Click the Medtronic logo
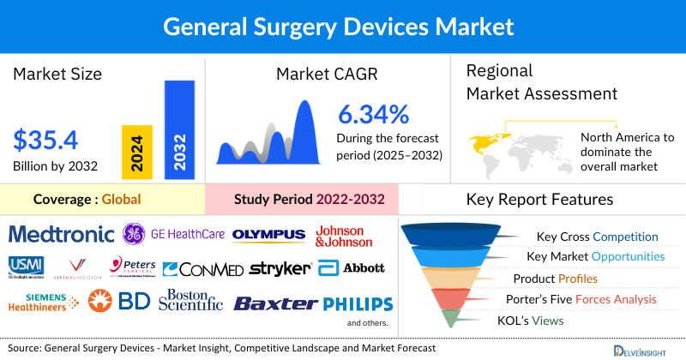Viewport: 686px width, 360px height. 61,234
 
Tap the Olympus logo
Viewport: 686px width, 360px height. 268,234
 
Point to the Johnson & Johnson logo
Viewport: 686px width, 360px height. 352,236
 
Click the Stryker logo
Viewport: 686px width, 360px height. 280,269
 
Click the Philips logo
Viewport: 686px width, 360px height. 358,303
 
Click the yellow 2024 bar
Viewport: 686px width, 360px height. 138,151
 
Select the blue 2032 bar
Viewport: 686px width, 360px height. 179,131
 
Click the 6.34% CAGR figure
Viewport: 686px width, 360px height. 372,114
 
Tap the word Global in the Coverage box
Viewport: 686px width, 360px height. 121,200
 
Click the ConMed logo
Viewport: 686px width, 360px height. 202,269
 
